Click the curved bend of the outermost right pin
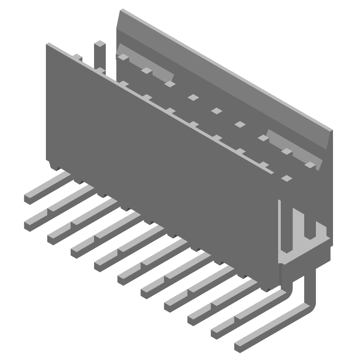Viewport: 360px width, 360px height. [x=306, y=307]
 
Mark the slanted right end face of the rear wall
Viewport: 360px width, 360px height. [x=328, y=139]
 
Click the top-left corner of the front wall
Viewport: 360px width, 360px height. [x=48, y=44]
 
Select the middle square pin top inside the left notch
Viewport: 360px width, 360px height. [x=146, y=70]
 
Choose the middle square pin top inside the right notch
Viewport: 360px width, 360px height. [x=286, y=152]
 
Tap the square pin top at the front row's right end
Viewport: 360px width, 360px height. [x=286, y=178]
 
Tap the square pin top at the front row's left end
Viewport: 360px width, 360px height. [x=77, y=57]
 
